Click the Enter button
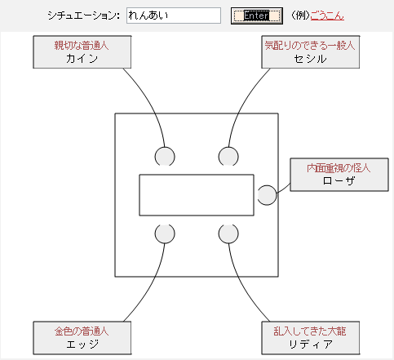[x=257, y=16]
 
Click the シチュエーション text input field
[x=174, y=16]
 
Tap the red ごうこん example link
[x=327, y=16]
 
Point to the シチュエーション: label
[x=84, y=16]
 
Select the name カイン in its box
[x=82, y=59]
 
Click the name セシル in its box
[x=310, y=59]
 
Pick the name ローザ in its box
[x=339, y=180]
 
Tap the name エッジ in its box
[x=82, y=344]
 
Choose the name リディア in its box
[x=311, y=344]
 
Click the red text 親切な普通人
[x=82, y=46]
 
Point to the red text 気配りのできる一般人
[x=310, y=46]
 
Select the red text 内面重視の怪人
[x=339, y=168]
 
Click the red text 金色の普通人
[x=82, y=331]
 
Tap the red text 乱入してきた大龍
[x=310, y=331]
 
